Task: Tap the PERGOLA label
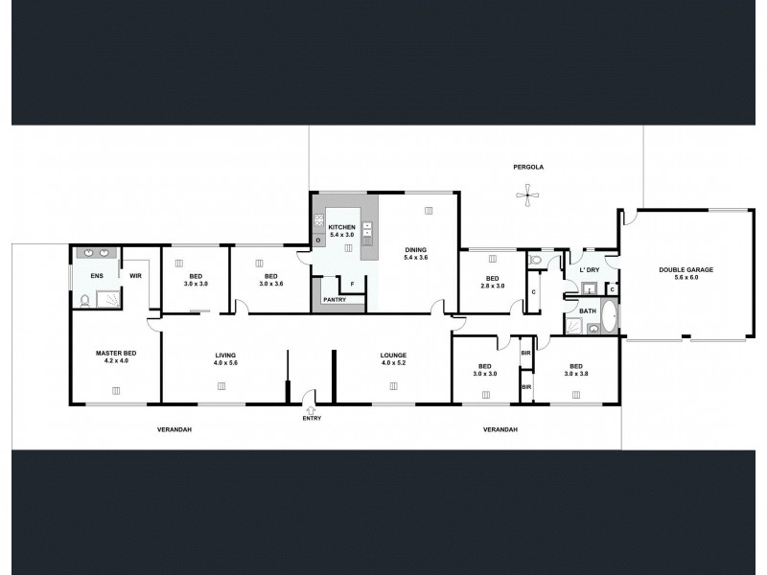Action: click(x=529, y=167)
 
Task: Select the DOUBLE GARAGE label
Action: click(x=686, y=270)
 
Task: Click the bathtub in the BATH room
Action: click(x=609, y=315)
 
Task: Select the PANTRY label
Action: click(x=336, y=300)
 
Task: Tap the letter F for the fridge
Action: click(x=352, y=285)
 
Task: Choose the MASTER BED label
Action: click(x=116, y=354)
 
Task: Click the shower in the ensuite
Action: click(x=112, y=298)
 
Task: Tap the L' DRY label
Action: click(x=590, y=270)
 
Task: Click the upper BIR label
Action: click(x=525, y=353)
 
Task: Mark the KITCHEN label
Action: click(x=342, y=226)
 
